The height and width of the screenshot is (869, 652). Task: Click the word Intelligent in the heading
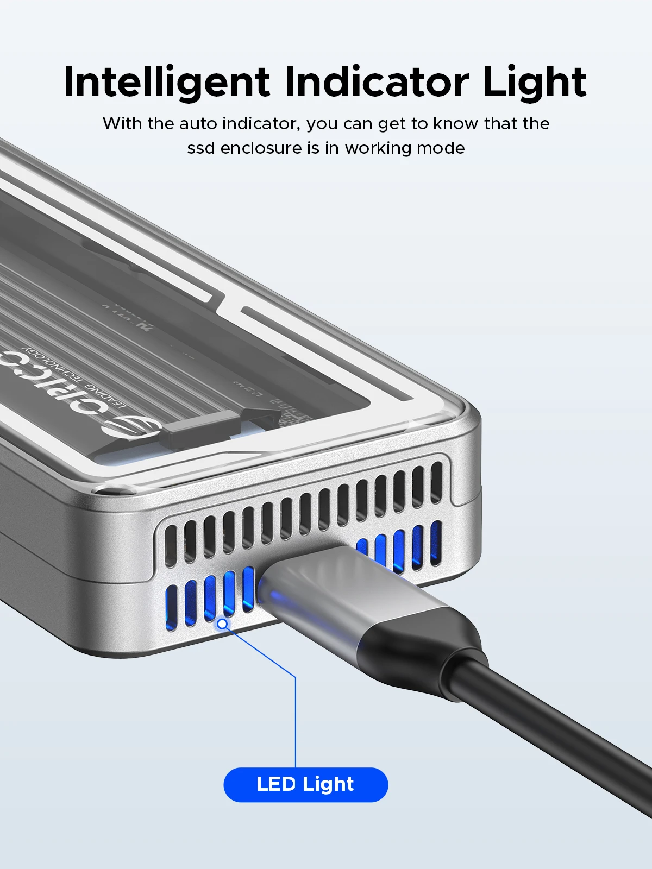(x=166, y=83)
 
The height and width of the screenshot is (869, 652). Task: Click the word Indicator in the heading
(x=376, y=83)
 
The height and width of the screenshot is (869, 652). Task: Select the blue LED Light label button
(x=305, y=784)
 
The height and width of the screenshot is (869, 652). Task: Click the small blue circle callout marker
(x=222, y=624)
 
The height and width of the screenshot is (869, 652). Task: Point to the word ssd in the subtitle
(x=201, y=148)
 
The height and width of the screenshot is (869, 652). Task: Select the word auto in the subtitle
(x=198, y=124)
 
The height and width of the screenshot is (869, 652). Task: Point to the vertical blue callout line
(x=296, y=722)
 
